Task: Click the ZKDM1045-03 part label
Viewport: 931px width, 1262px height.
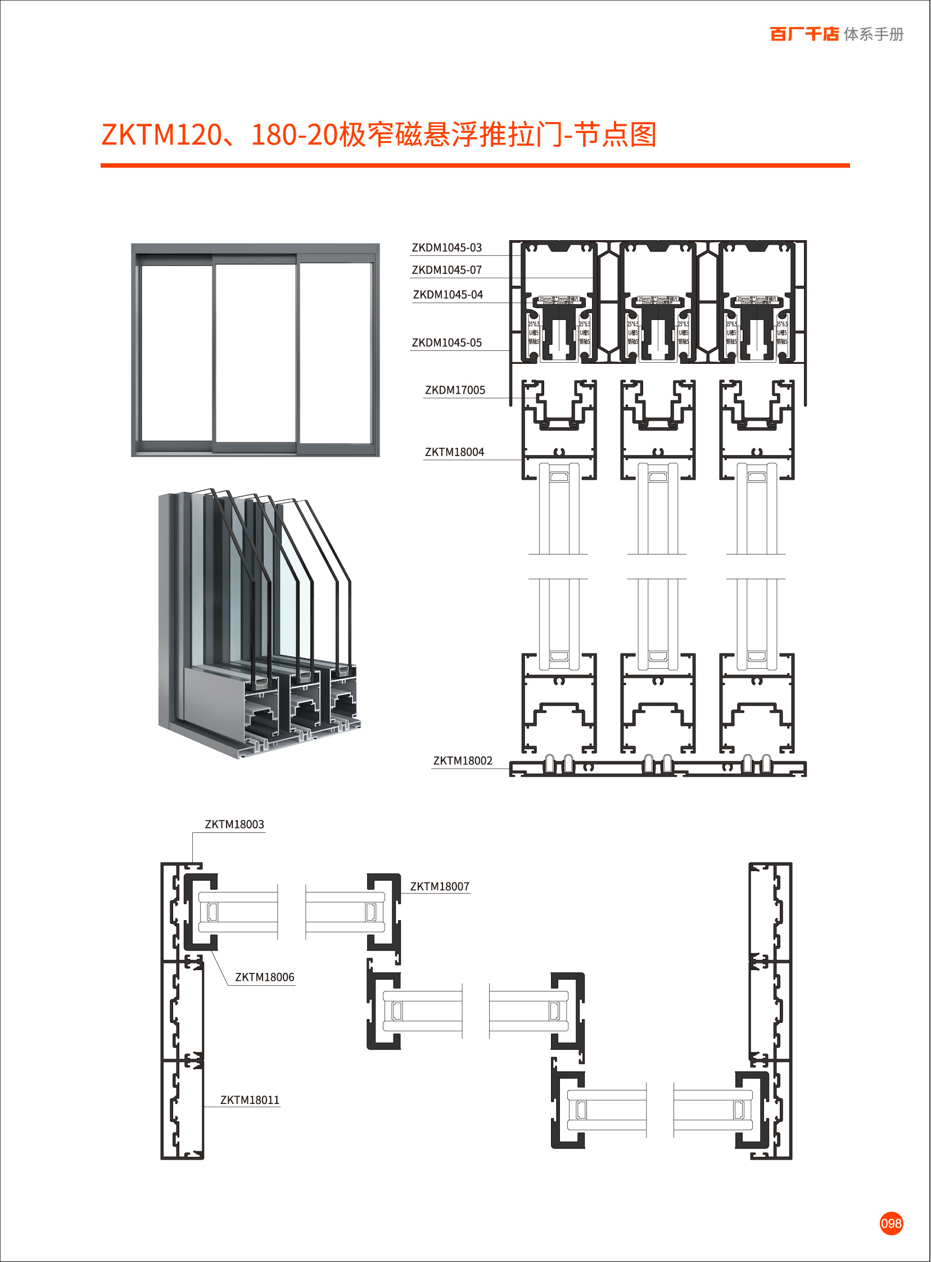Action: point(446,247)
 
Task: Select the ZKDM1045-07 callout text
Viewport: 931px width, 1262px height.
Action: point(446,270)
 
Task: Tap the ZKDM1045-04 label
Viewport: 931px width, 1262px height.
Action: point(448,295)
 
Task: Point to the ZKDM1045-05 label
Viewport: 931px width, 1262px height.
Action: point(446,342)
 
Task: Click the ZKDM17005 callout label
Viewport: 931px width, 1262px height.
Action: point(454,390)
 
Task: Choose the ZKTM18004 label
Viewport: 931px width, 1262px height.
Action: point(454,452)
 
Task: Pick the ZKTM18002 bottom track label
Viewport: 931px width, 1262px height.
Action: point(462,761)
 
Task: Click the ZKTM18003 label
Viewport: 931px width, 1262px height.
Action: point(234,824)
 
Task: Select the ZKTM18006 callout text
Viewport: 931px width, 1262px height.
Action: point(264,977)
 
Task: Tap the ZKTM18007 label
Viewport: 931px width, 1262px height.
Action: point(439,887)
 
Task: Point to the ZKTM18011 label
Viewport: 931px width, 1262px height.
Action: point(250,1100)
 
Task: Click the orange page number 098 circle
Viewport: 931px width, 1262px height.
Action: point(891,1224)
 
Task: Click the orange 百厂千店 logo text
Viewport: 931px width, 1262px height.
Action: point(804,34)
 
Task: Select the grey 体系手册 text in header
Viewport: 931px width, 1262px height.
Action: point(874,34)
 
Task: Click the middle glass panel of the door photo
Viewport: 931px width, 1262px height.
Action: point(255,352)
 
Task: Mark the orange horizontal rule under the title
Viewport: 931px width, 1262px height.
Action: point(474,166)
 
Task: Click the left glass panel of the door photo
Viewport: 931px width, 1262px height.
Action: point(177,352)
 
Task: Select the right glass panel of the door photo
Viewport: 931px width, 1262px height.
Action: point(335,352)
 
